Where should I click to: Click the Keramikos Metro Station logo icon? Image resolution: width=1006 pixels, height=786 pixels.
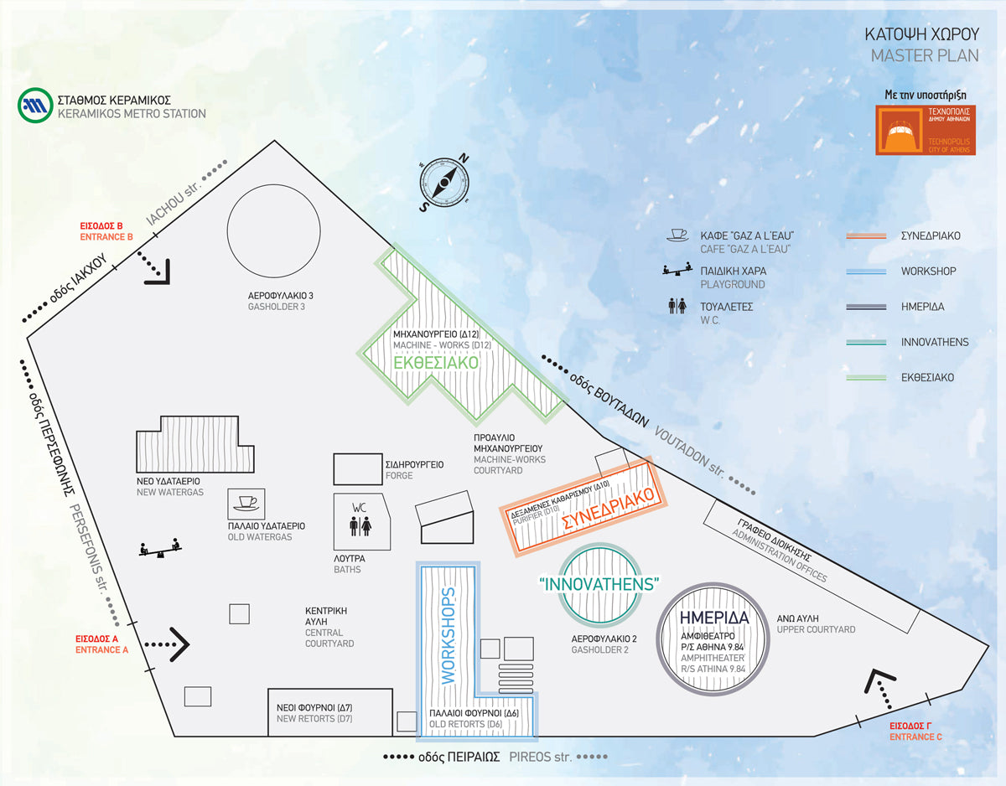(34, 105)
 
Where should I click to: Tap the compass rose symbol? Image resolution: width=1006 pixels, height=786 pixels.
(444, 183)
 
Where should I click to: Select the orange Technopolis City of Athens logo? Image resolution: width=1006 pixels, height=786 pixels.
(926, 130)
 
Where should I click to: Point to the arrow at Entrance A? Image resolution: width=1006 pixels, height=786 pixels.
(168, 644)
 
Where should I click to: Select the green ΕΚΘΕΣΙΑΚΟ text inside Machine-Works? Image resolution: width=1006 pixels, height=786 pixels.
(436, 363)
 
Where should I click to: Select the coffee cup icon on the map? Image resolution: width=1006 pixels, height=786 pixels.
(246, 503)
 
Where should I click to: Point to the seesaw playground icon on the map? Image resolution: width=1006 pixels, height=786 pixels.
(159, 550)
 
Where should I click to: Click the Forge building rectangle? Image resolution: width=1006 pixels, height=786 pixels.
(358, 468)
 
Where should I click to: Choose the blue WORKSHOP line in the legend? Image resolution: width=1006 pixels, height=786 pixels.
(867, 271)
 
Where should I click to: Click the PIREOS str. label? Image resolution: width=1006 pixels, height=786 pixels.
(540, 757)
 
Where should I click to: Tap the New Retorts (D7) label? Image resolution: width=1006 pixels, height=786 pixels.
(314, 713)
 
